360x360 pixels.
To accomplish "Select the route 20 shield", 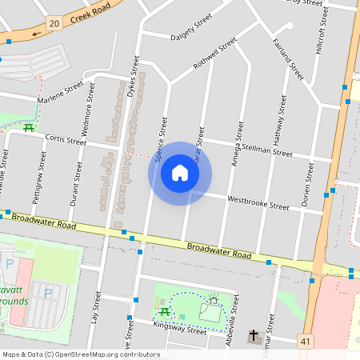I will click(54, 23).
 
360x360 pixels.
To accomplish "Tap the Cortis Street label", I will click(65, 139).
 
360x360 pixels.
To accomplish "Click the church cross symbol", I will click(254, 336).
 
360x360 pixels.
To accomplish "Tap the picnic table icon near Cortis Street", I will click(29, 126).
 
